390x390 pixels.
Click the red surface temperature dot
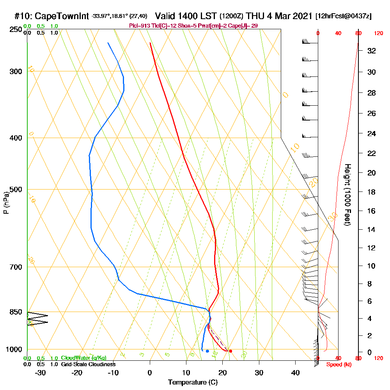click(x=230, y=351)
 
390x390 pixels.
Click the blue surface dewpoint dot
click(x=207, y=351)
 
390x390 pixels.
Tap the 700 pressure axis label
click(x=16, y=267)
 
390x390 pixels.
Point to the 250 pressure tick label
click(x=16, y=30)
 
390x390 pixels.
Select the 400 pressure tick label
click(x=16, y=138)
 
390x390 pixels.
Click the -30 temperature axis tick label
click(x=41, y=372)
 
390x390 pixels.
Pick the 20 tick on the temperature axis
click(x=223, y=372)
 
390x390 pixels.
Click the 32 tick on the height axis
click(x=371, y=51)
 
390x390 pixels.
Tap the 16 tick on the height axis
click(x=371, y=211)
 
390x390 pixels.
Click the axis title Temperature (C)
click(x=193, y=382)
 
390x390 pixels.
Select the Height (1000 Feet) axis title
click(x=347, y=194)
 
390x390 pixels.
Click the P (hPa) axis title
click(x=6, y=203)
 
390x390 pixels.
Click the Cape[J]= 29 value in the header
click(x=245, y=26)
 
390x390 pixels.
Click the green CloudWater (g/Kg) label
click(x=83, y=358)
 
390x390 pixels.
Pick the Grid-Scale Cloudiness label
click(x=88, y=364)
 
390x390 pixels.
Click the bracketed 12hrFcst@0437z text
click(x=343, y=16)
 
